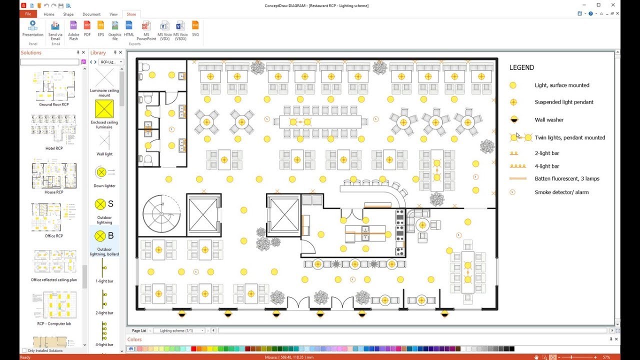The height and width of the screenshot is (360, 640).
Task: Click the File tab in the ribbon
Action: coord(28,14)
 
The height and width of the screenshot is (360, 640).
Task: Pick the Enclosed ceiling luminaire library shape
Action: coord(104,109)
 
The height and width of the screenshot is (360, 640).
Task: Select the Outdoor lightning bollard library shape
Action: coord(104,235)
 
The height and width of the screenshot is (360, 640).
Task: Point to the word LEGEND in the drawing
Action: coord(521,67)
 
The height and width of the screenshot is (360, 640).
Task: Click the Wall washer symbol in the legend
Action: coord(512,119)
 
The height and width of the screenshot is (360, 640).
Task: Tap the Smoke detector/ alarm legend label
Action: coord(561,192)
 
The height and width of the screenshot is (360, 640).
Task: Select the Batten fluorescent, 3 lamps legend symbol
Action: coord(518,178)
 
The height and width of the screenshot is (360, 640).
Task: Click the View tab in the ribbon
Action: coord(113,14)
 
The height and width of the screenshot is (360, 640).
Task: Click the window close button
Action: coord(613,5)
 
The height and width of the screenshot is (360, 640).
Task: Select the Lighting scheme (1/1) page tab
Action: coord(176,330)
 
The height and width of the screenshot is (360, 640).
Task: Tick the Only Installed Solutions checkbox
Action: coord(24,350)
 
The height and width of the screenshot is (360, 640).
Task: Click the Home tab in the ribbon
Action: coord(49,14)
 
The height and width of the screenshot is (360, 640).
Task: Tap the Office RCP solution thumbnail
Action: coord(53,217)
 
